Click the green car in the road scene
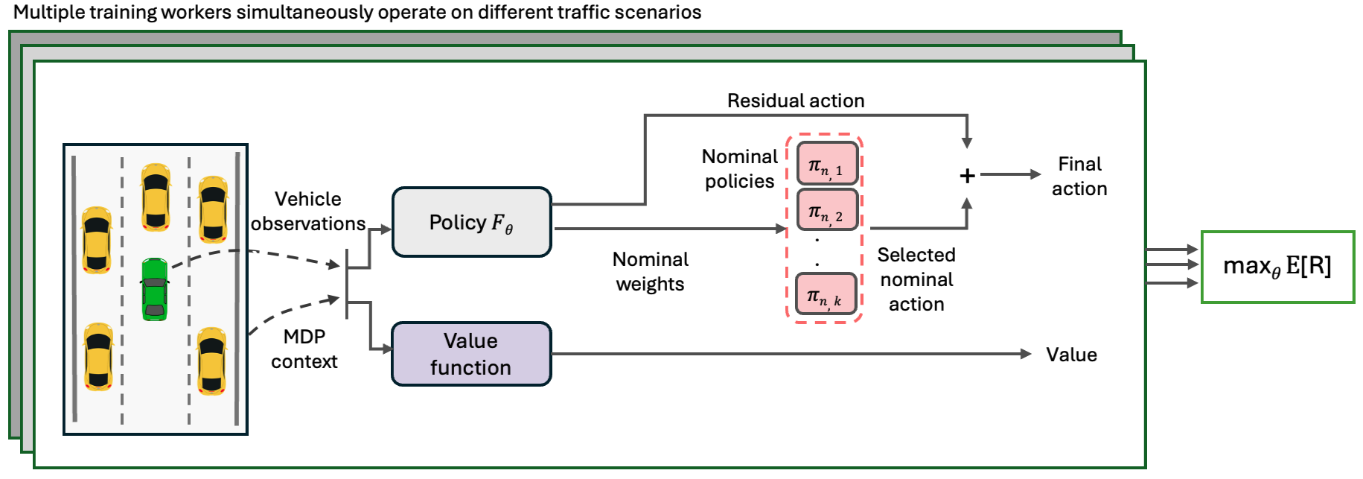point(155,290)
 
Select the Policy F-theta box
point(471,222)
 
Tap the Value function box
point(471,354)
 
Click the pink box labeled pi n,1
point(826,164)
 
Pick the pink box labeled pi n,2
point(826,209)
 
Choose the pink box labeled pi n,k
point(825,294)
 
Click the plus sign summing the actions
point(967,176)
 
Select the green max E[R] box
point(1277,267)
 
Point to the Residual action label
point(796,101)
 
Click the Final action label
point(1079,176)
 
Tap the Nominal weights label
point(650,271)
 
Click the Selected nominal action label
point(916,279)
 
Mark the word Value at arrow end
point(1071,355)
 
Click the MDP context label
point(304,349)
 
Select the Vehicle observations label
point(307,211)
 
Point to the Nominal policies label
point(739,168)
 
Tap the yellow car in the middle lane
point(156,197)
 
